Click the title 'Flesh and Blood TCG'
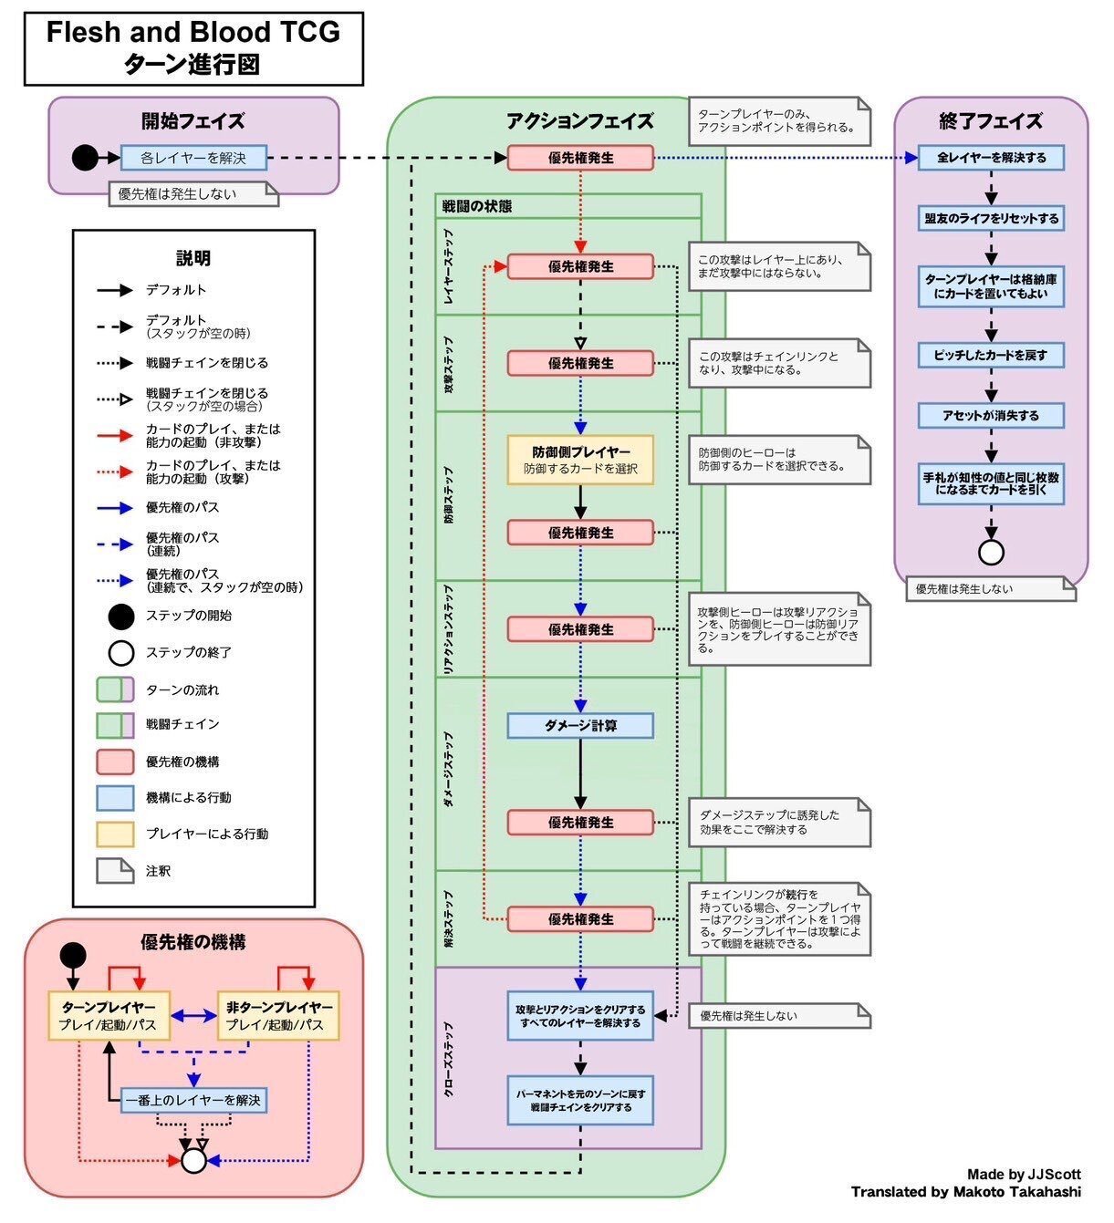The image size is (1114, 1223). click(193, 33)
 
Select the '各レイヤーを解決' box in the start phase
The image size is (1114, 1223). click(193, 158)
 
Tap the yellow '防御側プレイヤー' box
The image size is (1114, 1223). click(580, 460)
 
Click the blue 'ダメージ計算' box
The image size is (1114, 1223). click(580, 726)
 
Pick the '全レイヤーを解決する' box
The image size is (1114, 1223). click(991, 158)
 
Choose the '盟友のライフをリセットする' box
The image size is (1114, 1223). click(991, 219)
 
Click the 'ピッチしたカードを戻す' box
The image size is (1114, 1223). click(991, 355)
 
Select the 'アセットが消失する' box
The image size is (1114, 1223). click(991, 416)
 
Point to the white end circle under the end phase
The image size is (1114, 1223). click(991, 553)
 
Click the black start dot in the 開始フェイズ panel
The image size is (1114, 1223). click(84, 158)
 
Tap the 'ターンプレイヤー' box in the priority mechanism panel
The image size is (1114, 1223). click(108, 1015)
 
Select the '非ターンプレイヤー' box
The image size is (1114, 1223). click(278, 1015)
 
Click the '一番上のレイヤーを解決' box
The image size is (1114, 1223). click(193, 1100)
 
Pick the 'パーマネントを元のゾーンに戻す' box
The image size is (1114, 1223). click(580, 1100)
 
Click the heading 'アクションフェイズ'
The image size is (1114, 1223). click(579, 121)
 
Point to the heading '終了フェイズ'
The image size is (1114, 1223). click(991, 121)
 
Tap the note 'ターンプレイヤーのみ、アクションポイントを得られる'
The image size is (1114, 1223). click(778, 121)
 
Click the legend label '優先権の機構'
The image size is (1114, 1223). click(182, 762)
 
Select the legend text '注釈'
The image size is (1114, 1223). click(159, 871)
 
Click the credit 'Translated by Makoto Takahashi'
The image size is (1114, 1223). click(965, 1192)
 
